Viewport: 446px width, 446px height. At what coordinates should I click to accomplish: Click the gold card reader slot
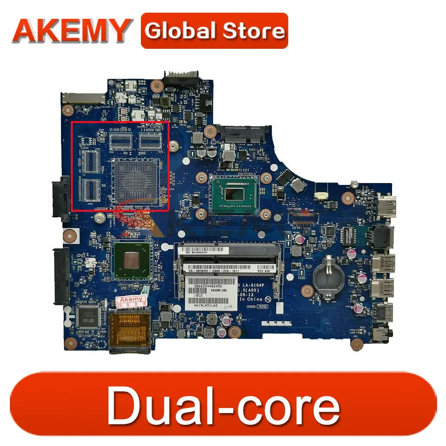[130, 331]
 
